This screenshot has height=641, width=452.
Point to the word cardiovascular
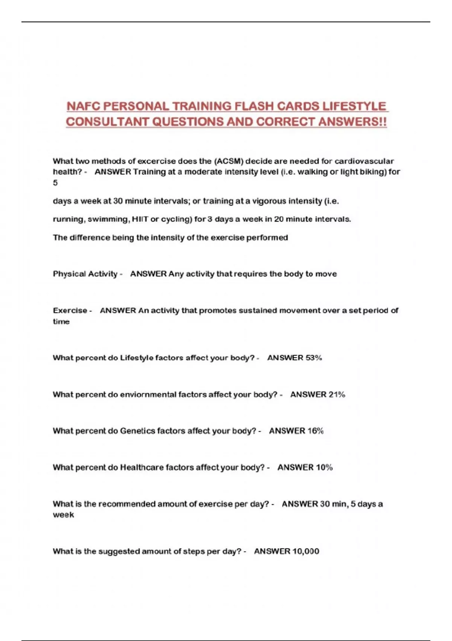pos(364,161)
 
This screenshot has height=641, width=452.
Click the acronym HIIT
pos(140,219)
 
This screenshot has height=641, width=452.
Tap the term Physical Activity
pos(85,274)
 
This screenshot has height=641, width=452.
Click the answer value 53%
pos(313,358)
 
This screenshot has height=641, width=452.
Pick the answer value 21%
pos(337,395)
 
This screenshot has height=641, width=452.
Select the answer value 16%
pos(315,431)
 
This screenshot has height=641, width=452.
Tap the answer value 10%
pos(324,468)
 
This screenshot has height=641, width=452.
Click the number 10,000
pos(305,552)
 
